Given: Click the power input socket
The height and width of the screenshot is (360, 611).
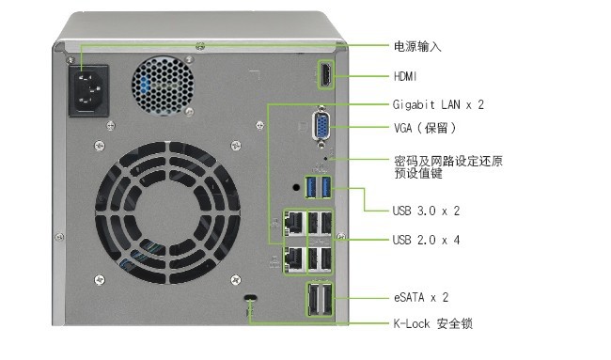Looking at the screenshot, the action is point(88,90).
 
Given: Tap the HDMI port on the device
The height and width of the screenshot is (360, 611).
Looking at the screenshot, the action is point(326,75).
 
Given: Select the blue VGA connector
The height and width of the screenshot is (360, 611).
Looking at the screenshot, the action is point(321,126).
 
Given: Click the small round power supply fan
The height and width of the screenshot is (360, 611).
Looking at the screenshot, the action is point(163,86).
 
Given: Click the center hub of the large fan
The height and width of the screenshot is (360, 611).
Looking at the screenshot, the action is point(167,212).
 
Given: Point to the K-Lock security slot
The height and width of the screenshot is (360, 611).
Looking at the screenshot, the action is point(251,298).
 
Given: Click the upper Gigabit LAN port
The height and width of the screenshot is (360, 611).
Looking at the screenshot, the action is point(294,223).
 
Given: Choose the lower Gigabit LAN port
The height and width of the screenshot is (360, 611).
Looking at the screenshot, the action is point(294,259).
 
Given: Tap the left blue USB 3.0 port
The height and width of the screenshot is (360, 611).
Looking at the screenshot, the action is point(311,187).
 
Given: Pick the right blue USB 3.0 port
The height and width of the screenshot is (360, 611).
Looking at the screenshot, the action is point(326,187).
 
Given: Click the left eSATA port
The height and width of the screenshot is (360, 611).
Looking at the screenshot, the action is point(313,299).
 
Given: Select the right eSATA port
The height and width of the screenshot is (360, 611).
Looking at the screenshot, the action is point(326,299).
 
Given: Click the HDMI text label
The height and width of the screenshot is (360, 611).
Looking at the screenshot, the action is point(405,76).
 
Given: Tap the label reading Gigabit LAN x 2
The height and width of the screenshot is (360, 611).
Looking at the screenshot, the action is point(438,104).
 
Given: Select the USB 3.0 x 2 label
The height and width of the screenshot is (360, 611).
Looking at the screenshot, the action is point(427,211).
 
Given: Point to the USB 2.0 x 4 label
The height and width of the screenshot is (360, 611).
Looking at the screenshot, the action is point(427,240).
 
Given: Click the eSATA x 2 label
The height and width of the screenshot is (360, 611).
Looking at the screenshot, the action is point(421,298).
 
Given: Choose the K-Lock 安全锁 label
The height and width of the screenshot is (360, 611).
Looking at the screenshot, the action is point(433,323).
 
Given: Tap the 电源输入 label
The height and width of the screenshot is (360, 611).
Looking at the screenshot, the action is point(417,47).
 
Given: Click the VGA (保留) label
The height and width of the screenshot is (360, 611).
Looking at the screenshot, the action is point(425,128).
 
